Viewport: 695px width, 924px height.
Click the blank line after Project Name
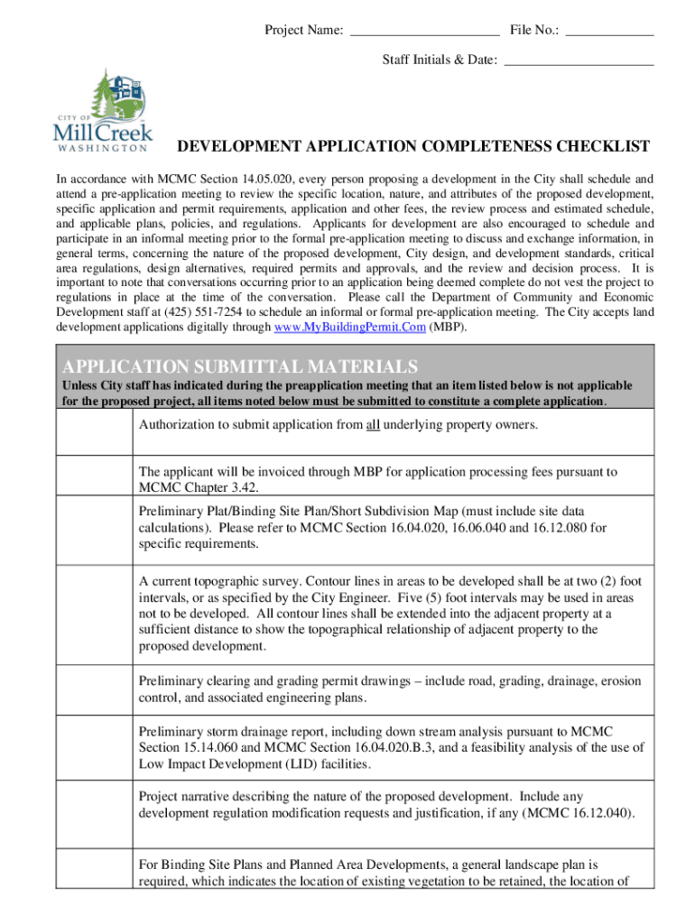(423, 32)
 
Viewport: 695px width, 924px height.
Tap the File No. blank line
(610, 32)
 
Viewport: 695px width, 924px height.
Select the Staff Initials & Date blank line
(579, 61)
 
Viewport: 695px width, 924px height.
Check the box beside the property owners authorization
(95, 432)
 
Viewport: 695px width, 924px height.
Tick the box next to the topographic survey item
(95, 614)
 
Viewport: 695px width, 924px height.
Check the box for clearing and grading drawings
(95, 690)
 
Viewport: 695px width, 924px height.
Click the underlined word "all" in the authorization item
(373, 424)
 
